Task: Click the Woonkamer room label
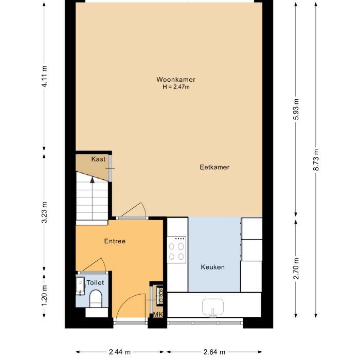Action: pos(176,80)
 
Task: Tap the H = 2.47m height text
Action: pos(176,87)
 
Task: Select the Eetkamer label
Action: pos(214,167)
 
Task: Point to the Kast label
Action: pos(98,159)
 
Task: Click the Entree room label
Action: pos(115,241)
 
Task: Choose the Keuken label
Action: pos(212,267)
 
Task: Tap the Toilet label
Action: pos(95,282)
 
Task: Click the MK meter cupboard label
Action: pos(157,315)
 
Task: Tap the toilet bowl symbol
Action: pos(96,298)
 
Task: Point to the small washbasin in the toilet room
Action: pos(80,285)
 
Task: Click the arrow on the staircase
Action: pos(92,180)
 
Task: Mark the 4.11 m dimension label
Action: pos(45,78)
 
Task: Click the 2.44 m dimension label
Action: pos(119,352)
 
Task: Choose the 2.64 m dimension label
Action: pos(214,352)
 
